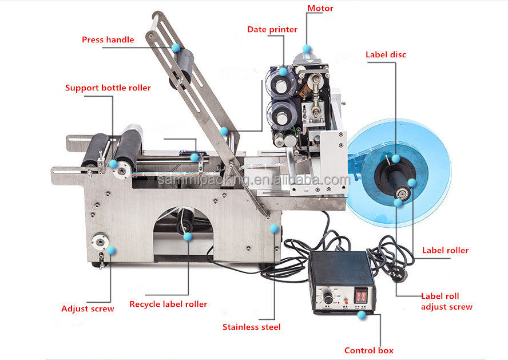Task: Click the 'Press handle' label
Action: pos(108,39)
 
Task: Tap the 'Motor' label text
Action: pos(320,9)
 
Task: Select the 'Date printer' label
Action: pos(272,29)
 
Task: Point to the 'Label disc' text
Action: pos(386,55)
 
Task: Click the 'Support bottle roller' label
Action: pos(108,88)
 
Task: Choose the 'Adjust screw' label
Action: pos(88,308)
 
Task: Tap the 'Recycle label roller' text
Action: pos(168,304)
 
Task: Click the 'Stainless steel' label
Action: pos(251,327)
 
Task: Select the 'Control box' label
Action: pos(368,350)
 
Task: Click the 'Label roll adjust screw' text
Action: pos(446,302)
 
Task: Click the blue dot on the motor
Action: pos(307,49)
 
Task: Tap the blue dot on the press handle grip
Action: pos(176,47)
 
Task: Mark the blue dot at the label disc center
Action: pos(395,158)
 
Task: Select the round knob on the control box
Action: pos(329,299)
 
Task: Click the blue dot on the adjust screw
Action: pos(111,250)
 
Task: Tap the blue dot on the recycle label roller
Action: pos(187,236)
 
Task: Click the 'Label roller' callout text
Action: pos(445,250)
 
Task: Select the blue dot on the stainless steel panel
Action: pos(274,228)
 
